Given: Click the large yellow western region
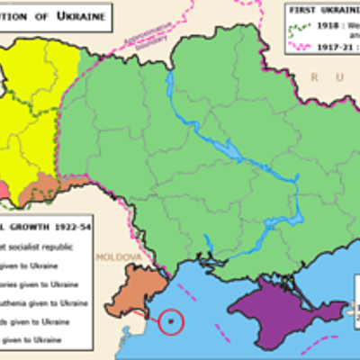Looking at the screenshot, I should click(36, 108).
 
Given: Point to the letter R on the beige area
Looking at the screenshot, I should click(315, 78).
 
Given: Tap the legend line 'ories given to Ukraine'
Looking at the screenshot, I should click(45, 282).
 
